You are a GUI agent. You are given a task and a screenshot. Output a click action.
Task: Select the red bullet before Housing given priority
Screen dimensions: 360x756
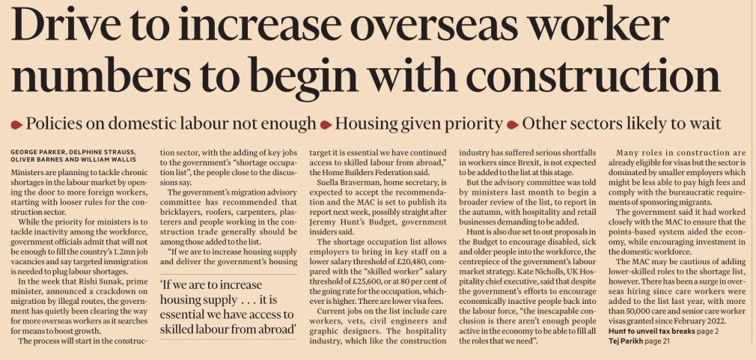326,124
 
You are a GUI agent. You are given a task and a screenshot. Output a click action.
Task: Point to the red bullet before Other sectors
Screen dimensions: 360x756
513,124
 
